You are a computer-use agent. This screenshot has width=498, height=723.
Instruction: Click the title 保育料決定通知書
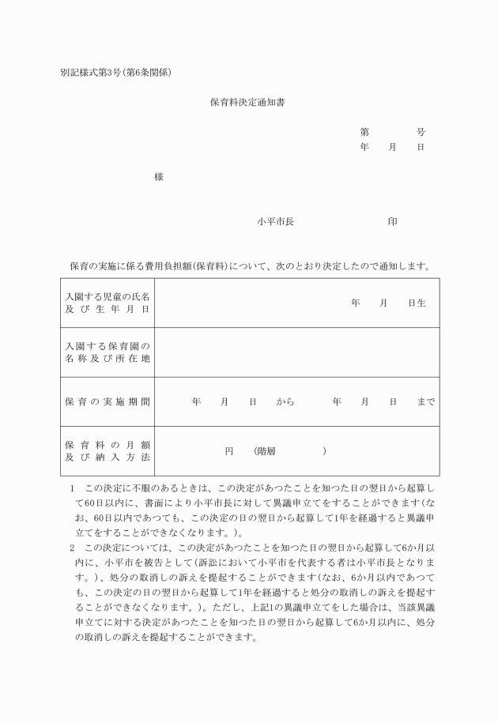click(x=247, y=102)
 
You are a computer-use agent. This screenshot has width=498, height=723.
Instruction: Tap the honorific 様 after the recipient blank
click(x=158, y=177)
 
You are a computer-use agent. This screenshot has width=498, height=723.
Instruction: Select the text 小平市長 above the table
click(x=275, y=222)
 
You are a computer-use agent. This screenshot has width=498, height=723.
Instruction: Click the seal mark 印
click(x=392, y=222)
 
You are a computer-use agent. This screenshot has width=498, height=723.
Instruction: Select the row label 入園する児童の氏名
click(x=108, y=296)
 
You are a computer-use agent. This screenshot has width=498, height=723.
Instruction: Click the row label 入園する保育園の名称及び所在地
click(x=108, y=352)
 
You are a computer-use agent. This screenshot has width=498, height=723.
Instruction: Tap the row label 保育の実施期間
click(x=108, y=401)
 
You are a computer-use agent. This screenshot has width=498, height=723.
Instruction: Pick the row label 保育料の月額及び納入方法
click(x=108, y=451)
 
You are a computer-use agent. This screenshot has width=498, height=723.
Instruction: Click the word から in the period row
click(x=285, y=401)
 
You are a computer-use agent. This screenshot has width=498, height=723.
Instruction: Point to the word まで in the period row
click(x=425, y=401)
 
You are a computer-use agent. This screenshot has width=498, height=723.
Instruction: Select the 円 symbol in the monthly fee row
click(x=229, y=451)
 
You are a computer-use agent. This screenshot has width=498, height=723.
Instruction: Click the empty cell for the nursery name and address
click(x=296, y=352)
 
